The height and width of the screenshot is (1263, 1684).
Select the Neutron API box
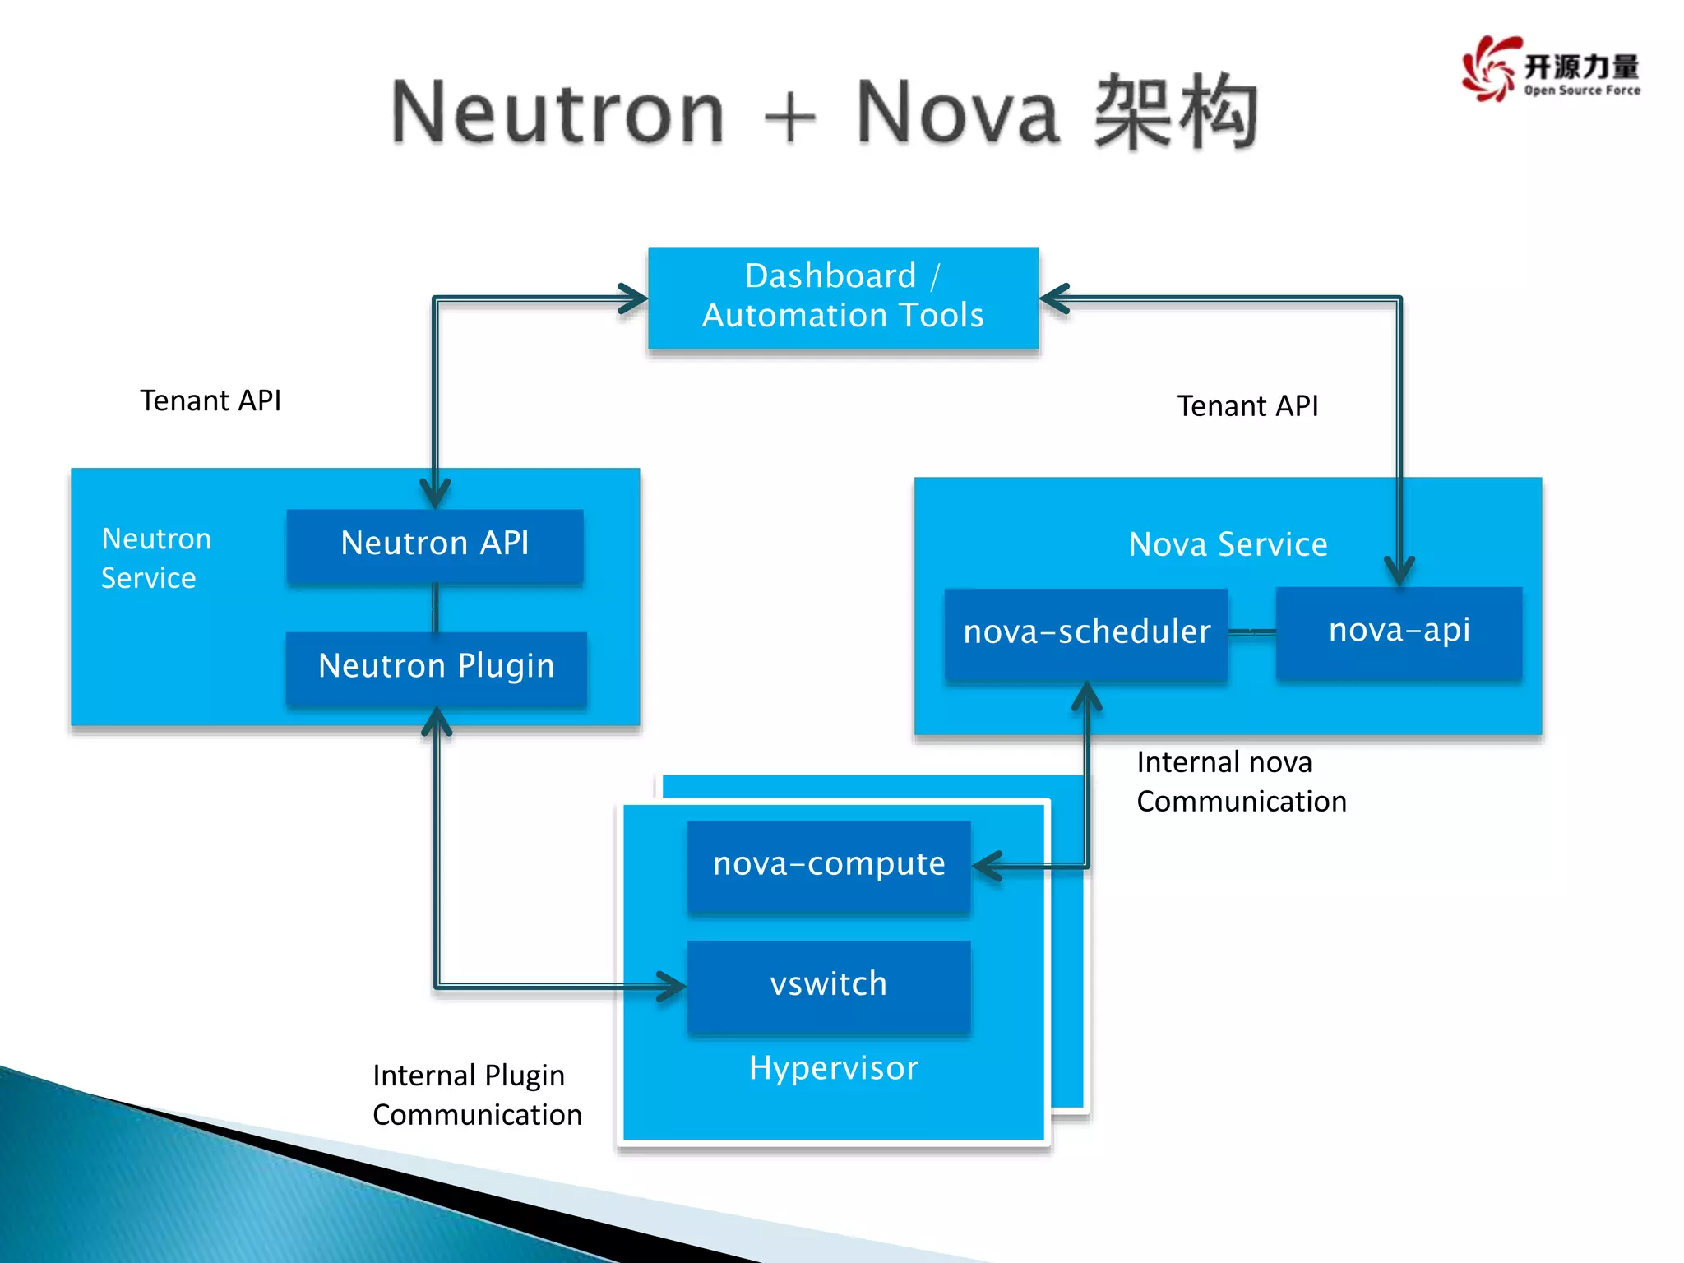point(435,545)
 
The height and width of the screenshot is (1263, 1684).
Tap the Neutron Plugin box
point(436,667)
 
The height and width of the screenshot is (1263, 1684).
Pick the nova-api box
point(1399,631)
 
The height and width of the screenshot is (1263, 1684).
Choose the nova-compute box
point(829,865)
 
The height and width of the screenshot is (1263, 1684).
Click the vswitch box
point(829,985)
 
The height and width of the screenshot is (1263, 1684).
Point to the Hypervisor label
point(833,1068)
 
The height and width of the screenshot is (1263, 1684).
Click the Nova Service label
point(1228,544)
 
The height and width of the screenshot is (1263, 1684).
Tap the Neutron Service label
point(155,558)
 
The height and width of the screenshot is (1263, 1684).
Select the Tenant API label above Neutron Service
point(210,400)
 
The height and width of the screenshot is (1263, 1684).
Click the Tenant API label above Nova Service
point(1247,406)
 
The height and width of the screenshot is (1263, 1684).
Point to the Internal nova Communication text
point(1241,782)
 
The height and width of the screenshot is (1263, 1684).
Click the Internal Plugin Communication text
point(477,1095)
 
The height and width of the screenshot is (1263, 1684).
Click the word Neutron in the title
point(557,113)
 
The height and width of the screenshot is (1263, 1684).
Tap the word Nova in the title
point(957,113)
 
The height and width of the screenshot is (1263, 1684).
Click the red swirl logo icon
point(1489,69)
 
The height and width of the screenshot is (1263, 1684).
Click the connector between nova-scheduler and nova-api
point(1251,631)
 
